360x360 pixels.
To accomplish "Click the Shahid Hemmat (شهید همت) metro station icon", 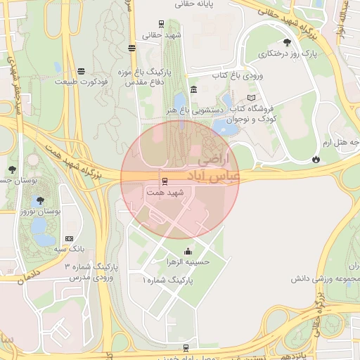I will (x=165, y=181).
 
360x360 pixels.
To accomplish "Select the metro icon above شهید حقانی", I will (x=162, y=23).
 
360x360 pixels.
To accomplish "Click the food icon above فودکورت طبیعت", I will (x=82, y=71).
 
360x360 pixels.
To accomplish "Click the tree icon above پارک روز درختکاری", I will (x=287, y=42).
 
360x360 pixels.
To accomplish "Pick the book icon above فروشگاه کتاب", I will (x=251, y=98).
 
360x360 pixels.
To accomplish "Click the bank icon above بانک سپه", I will (x=68, y=238).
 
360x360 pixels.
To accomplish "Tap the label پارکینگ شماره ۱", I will (x=167, y=280).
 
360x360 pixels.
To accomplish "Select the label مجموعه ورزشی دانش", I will (x=326, y=278).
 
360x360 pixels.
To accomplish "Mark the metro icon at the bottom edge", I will (x=186, y=347).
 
